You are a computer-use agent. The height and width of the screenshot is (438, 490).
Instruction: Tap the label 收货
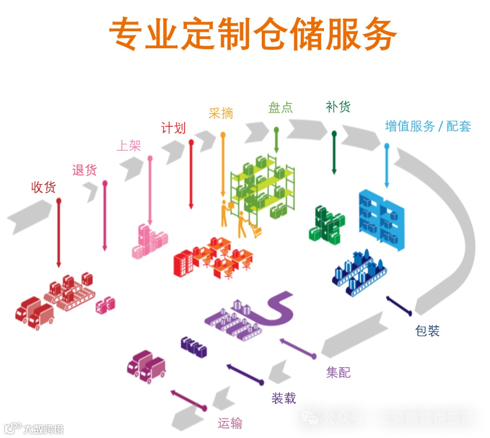(x=43, y=187)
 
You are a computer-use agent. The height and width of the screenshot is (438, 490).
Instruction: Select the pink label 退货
(x=84, y=170)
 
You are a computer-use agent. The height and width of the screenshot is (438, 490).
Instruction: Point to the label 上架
(x=129, y=145)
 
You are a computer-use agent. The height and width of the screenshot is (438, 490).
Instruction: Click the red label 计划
(x=173, y=128)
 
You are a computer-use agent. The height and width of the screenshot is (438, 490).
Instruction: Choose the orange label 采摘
(x=221, y=113)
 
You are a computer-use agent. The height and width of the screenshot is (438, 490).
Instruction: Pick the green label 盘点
(x=280, y=108)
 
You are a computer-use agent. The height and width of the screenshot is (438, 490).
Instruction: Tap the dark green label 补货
(x=338, y=107)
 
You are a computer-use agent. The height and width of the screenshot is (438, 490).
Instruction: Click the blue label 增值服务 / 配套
(x=428, y=126)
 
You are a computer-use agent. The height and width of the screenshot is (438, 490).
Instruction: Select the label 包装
(x=427, y=330)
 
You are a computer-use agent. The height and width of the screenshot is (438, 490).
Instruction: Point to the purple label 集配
(x=338, y=373)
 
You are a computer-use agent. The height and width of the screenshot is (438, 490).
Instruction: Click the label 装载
(x=284, y=398)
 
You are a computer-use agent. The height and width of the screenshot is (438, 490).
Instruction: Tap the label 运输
(x=230, y=423)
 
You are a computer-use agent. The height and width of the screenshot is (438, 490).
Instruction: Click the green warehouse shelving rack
(x=263, y=186)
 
